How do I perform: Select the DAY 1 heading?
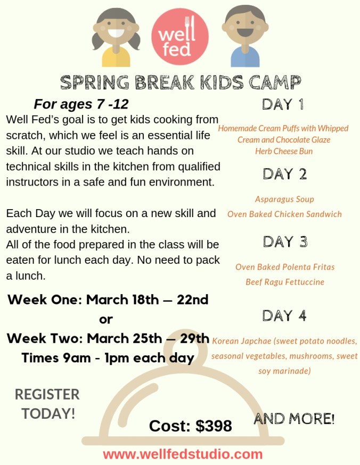tap(283, 104)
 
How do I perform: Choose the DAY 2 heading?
tap(284, 173)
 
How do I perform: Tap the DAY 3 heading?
tap(285, 242)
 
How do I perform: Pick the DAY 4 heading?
tap(284, 315)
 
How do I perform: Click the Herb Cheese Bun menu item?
tap(284, 151)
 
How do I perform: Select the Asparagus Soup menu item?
tap(284, 199)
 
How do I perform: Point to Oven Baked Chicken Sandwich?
tap(284, 214)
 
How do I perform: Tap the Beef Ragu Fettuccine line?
tap(285, 281)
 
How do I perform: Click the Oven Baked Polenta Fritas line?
tap(285, 267)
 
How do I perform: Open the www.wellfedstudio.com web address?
tap(183, 454)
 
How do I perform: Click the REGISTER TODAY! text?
tap(48, 404)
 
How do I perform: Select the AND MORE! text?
tap(294, 419)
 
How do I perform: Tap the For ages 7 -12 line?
tap(81, 103)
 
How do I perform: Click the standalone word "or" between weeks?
tap(107, 319)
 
